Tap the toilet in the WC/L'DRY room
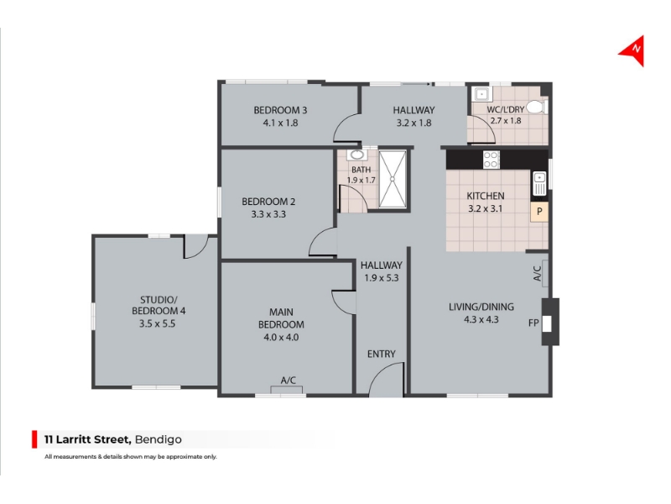click(537, 107)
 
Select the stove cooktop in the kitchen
click(491, 160)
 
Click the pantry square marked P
click(539, 212)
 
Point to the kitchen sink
click(539, 183)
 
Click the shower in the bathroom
click(393, 179)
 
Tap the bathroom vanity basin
click(356, 155)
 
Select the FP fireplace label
click(533, 323)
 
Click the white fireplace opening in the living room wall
click(547, 323)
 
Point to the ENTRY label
click(381, 354)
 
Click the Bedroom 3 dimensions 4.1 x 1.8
click(280, 123)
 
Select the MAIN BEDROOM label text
click(281, 318)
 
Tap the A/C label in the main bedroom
click(288, 381)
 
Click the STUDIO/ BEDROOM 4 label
click(159, 305)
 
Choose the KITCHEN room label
click(486, 196)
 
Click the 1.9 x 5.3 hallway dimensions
click(382, 278)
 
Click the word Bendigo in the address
click(158, 439)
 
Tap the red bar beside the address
click(34, 439)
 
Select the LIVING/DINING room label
click(481, 307)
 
